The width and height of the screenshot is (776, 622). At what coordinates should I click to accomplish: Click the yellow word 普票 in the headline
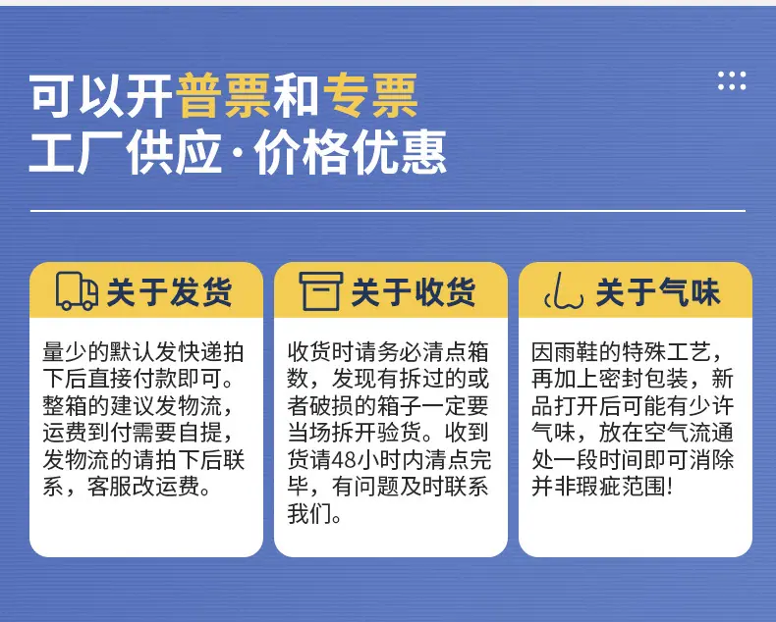(224, 95)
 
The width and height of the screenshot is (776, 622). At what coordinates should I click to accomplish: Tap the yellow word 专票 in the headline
(370, 95)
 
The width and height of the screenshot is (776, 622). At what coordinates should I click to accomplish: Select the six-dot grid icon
(732, 81)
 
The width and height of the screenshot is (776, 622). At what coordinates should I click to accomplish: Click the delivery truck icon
(77, 290)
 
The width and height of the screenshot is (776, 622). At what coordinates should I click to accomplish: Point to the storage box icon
(320, 291)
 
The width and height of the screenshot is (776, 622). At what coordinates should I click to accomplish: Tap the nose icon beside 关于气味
(564, 291)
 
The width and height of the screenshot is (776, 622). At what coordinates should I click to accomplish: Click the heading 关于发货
(169, 291)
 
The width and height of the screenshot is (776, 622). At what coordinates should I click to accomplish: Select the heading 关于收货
(414, 291)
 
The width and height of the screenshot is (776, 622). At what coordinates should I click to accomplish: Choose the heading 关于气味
(658, 291)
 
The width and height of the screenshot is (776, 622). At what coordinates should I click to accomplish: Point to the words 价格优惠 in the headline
(351, 152)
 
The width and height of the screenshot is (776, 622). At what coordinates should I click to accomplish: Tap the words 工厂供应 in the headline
(126, 152)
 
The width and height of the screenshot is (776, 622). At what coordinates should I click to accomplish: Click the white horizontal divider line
(388, 211)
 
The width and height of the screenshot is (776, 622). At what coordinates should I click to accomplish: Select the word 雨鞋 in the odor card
(576, 352)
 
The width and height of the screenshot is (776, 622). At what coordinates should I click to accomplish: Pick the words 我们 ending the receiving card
(308, 514)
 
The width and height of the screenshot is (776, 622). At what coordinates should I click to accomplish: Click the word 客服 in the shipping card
(109, 487)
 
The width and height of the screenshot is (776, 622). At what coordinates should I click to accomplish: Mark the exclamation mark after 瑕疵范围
(671, 487)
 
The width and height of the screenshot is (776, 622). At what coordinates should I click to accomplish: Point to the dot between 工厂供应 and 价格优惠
(238, 153)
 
